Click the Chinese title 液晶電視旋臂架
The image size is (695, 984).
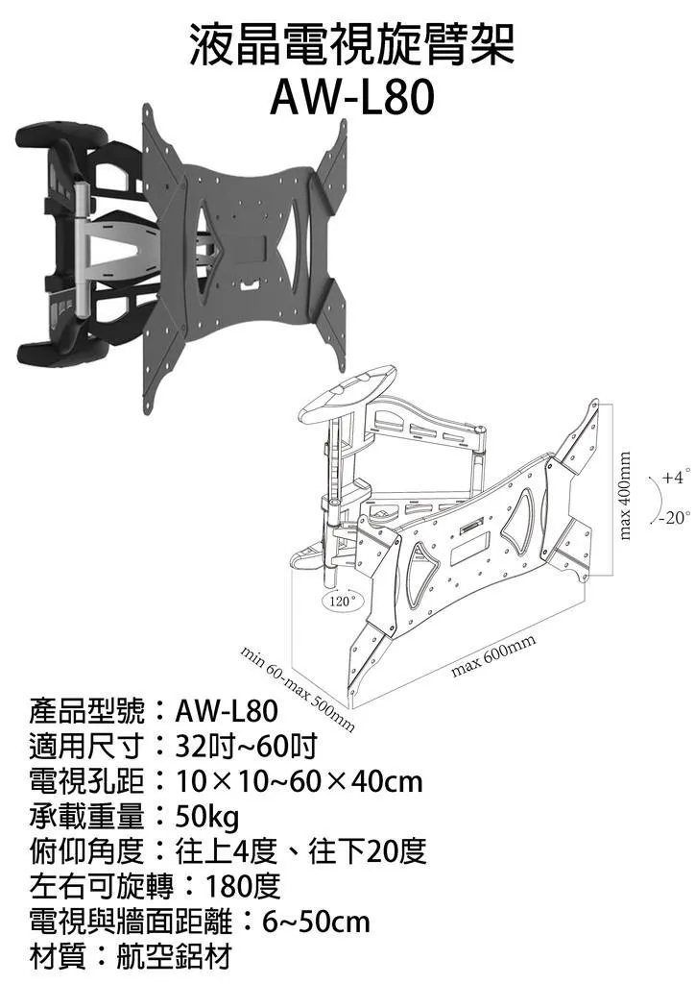click(x=351, y=44)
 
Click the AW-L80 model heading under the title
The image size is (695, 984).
click(x=351, y=97)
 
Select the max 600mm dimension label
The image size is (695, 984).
click(x=493, y=655)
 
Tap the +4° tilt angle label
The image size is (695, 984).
click(x=677, y=477)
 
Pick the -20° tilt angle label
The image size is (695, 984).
click(x=675, y=518)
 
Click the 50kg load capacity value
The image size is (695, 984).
click(x=207, y=817)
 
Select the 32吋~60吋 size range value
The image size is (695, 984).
click(x=247, y=746)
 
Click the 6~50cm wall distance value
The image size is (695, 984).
click(x=317, y=922)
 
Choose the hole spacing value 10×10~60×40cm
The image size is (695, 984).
click(x=300, y=782)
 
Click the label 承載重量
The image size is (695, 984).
click(x=86, y=817)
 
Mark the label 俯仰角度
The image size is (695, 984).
click(x=86, y=851)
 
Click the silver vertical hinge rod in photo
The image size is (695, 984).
click(x=81, y=249)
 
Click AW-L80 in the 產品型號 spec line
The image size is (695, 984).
click(x=227, y=711)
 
